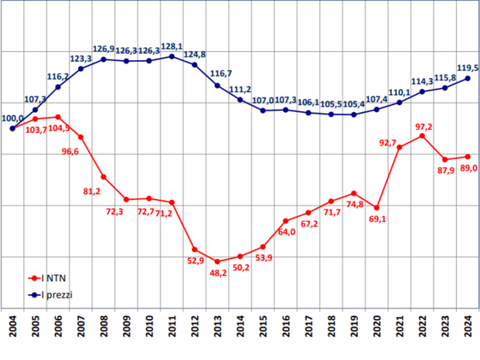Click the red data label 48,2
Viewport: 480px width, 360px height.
pos(217,274)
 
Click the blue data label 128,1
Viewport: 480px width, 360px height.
pos(172,46)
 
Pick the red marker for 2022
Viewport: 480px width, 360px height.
pos(422,136)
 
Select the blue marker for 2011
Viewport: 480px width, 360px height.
pos(172,56)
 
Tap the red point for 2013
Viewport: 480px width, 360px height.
pos(217,262)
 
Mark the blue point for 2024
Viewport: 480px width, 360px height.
pos(468,78)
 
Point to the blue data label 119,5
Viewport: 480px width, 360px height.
pos(466,67)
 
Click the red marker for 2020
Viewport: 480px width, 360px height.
pos(376,208)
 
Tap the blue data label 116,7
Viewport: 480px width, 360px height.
pos(220,73)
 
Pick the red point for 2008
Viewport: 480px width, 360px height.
pos(103,177)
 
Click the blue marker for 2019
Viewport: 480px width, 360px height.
pos(354,115)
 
